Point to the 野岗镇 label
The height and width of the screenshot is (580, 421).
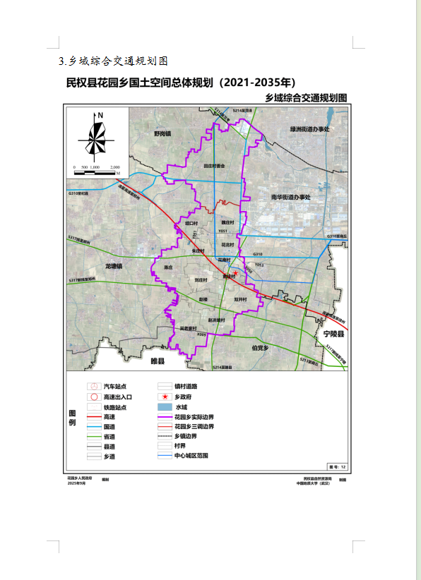(x=163, y=133)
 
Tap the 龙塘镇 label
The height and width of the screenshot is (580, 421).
(x=114, y=267)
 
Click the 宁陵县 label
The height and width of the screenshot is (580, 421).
(x=329, y=333)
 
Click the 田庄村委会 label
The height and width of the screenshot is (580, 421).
(x=213, y=166)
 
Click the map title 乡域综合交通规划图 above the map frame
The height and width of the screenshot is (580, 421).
(x=306, y=97)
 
